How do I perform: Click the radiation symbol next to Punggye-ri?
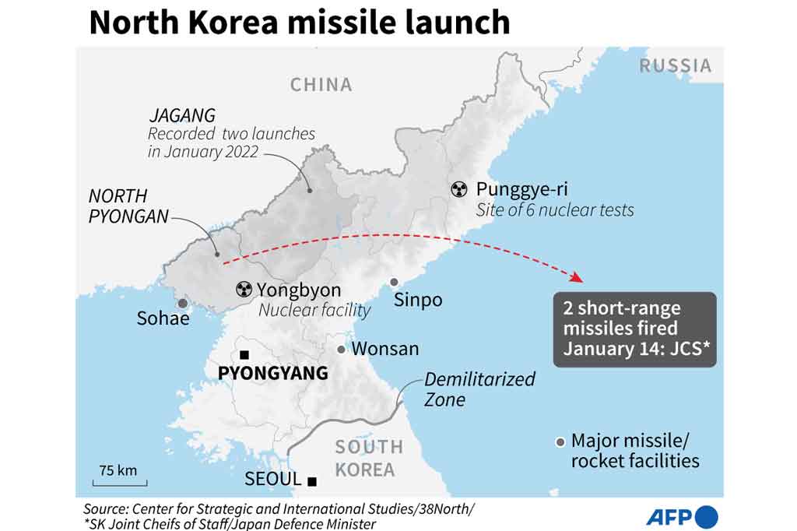(460, 188)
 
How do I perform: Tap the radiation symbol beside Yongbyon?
(244, 290)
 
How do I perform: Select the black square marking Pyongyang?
(244, 354)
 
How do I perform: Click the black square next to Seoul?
(312, 481)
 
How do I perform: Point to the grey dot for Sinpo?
(395, 282)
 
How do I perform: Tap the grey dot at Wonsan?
(341, 350)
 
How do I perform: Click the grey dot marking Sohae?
(182, 304)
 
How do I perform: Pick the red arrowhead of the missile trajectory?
(577, 278)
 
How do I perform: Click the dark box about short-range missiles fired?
(634, 329)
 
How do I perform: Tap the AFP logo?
(682, 516)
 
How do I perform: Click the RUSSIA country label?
(676, 65)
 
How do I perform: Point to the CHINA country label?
(321, 84)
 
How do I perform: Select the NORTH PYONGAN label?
(128, 206)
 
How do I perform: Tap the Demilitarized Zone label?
(479, 389)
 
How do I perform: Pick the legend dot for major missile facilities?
(560, 441)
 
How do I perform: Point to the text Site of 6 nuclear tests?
(554, 209)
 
